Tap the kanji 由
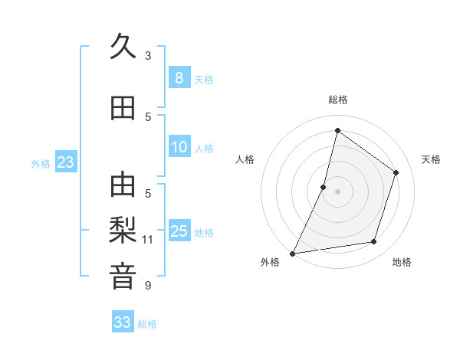[123, 185]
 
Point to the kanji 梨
[123, 230]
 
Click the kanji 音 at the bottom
[123, 276]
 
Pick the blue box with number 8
[179, 77]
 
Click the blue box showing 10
[179, 147]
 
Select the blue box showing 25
[179, 231]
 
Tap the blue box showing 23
[65, 162]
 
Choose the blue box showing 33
[123, 322]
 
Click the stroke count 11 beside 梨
[148, 240]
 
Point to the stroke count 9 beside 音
[148, 286]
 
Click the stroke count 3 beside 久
[148, 56]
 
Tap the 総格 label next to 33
[147, 324]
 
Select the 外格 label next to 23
[41, 163]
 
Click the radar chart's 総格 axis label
[337, 100]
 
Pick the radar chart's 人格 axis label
[245, 159]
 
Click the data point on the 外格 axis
[292, 253]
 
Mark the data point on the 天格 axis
[396, 172]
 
